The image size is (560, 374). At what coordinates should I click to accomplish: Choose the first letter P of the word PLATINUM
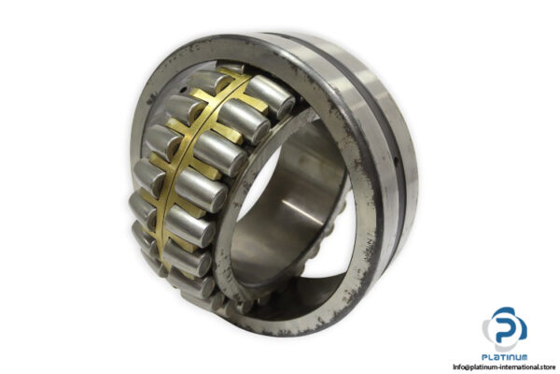(x=482, y=356)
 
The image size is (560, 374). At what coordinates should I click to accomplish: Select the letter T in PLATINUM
(x=499, y=356)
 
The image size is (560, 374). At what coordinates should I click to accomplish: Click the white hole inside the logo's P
(x=507, y=321)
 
